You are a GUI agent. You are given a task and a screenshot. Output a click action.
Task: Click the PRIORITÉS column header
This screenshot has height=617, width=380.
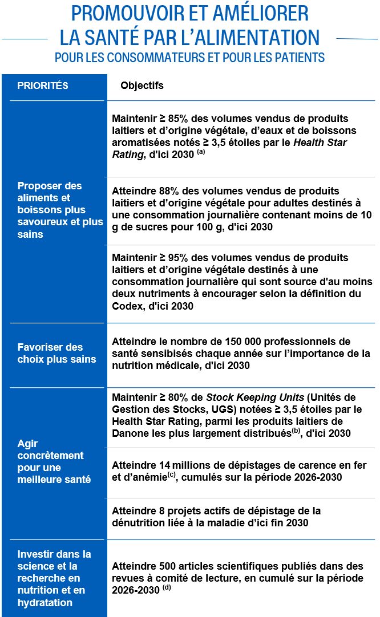tap(43, 86)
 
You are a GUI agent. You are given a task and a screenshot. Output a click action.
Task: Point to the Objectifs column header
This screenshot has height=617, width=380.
tap(142, 86)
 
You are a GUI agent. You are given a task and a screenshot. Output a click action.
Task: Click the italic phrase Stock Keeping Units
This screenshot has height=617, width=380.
tap(246, 397)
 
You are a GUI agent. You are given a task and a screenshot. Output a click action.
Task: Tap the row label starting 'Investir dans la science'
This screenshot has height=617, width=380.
tap(54, 578)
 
